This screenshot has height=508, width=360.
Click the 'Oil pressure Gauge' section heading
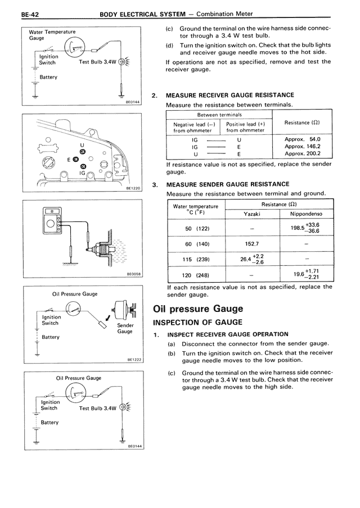tap(198, 309)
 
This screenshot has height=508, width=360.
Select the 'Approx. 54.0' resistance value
tap(303, 139)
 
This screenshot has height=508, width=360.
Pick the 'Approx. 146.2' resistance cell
tap(303, 146)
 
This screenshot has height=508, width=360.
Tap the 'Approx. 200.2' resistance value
tap(303, 153)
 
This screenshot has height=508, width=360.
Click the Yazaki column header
tap(252, 214)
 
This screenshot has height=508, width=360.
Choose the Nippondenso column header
tap(306, 214)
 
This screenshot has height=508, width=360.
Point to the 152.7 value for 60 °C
tap(252, 244)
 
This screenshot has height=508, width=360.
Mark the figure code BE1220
tap(133, 189)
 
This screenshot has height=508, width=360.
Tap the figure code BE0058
tap(133, 274)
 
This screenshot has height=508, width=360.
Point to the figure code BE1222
tap(133, 360)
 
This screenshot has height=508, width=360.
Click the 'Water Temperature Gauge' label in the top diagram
tap(52, 35)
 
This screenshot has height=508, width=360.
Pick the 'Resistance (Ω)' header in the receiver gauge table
tap(302, 123)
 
